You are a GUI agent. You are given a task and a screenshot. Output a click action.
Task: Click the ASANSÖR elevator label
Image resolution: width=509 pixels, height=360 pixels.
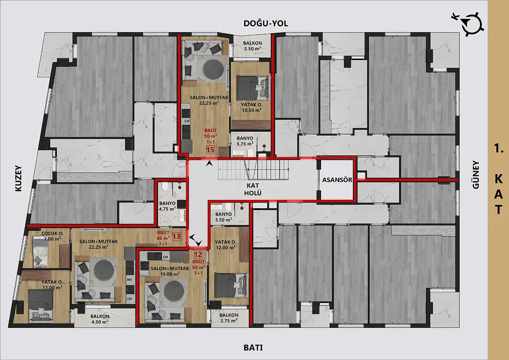[x=337, y=180]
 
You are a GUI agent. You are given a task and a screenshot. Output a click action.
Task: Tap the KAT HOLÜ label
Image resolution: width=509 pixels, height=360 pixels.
[x=253, y=189]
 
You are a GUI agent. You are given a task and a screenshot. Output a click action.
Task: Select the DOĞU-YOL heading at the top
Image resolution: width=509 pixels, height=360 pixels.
[x=266, y=23]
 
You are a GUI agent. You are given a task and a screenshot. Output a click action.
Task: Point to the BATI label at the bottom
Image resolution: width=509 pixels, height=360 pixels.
[x=253, y=348]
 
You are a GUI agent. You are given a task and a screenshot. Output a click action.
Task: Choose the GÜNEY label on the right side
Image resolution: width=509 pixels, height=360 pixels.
[x=476, y=175]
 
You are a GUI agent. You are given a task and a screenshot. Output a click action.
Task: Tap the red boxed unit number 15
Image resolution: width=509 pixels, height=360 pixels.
[x=210, y=150]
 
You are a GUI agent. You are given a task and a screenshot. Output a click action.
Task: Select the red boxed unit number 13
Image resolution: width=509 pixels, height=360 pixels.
[x=177, y=236]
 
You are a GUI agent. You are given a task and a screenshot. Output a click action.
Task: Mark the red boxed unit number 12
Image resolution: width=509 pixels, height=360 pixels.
[x=198, y=255]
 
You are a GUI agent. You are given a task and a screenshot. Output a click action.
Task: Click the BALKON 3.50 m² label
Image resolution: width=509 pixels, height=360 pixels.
[x=253, y=46]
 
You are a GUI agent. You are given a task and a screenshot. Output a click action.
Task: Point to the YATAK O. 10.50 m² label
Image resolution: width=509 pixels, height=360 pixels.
[x=252, y=108]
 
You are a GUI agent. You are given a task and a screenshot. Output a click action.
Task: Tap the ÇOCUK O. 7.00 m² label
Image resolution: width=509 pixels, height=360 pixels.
[x=52, y=236]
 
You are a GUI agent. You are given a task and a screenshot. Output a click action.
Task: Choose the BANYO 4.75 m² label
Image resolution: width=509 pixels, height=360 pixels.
[x=168, y=206]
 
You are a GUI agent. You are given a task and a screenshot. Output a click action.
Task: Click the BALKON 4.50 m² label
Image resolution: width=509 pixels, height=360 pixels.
[x=100, y=319]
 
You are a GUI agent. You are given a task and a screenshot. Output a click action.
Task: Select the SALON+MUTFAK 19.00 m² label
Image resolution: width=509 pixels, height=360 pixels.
[x=170, y=271]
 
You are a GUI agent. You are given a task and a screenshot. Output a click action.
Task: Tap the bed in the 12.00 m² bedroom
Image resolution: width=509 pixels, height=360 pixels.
[x=231, y=286]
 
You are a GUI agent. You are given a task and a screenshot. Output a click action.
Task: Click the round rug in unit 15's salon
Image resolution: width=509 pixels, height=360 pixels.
[x=213, y=68]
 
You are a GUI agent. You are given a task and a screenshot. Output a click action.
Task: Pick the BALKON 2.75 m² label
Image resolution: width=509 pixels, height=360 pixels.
[x=229, y=318]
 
